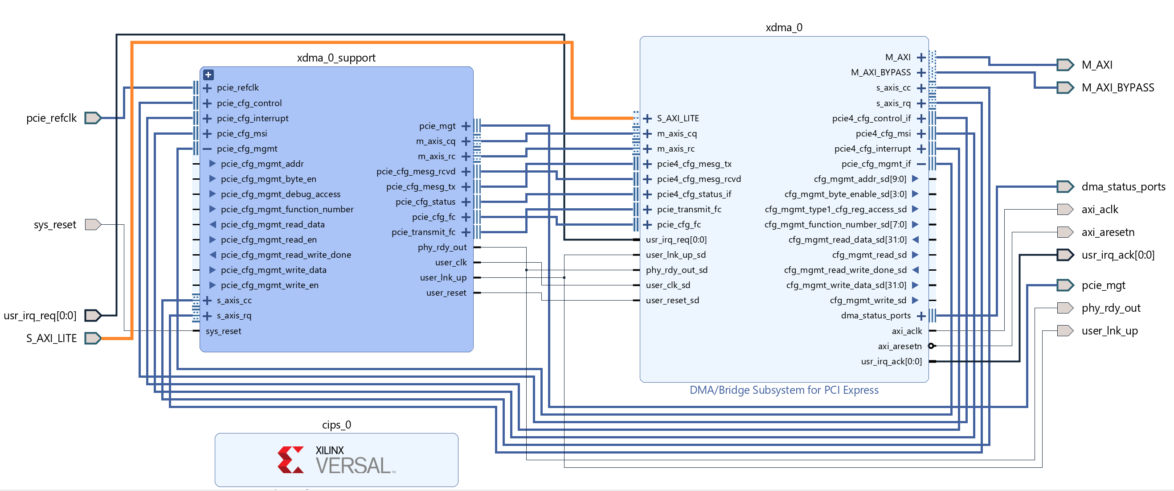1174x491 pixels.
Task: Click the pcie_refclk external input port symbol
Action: [93, 118]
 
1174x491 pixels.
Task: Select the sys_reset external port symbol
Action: [93, 224]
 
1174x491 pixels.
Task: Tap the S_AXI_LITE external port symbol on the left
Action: [93, 338]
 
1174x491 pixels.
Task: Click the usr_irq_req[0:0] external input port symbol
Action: [93, 315]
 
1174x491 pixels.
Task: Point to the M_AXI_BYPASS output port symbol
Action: [1065, 87]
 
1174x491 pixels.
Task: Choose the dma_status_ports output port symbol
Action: [1065, 187]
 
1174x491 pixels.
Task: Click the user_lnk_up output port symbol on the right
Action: [1065, 331]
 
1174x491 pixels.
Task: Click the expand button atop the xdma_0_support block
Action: [208, 75]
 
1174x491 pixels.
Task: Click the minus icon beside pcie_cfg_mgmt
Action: [207, 149]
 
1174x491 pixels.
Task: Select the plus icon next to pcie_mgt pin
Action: [465, 126]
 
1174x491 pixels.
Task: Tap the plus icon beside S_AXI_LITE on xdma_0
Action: [647, 119]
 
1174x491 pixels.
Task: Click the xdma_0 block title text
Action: [783, 27]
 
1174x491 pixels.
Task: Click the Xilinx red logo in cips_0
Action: [290, 459]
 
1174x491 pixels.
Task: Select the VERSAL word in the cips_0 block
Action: [354, 466]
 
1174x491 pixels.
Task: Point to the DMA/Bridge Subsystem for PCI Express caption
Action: [783, 390]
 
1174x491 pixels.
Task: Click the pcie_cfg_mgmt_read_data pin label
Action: [273, 224]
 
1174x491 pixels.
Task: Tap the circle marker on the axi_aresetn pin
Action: [932, 346]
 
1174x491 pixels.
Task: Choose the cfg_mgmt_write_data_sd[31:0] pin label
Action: [846, 285]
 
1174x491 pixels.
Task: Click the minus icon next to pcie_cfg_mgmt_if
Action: [921, 164]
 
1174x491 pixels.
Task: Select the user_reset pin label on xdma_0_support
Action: [446, 293]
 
